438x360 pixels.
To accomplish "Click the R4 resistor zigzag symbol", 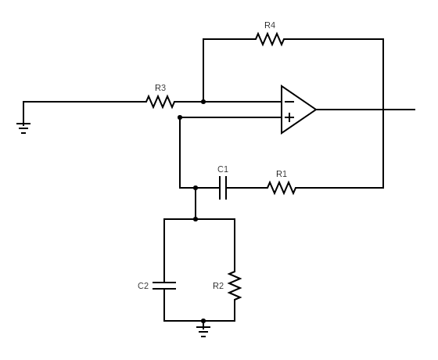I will [x=270, y=39].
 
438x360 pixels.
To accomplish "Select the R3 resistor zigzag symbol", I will [x=160, y=102].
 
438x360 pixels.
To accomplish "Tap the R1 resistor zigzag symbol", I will [x=282, y=188].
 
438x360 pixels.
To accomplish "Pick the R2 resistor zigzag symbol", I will [x=235, y=286].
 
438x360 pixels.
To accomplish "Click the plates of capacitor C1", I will [x=223, y=188].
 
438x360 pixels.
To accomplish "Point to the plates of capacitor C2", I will [x=164, y=286].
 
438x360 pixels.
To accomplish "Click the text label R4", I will [x=270, y=25].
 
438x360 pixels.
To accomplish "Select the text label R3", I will [x=160, y=88].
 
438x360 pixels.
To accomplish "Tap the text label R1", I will [x=282, y=174].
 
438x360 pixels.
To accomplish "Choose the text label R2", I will [x=218, y=286].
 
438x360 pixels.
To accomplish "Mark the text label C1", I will [x=223, y=169].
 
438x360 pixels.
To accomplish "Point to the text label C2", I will [x=143, y=286].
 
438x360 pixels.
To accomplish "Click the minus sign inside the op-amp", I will [x=289, y=102].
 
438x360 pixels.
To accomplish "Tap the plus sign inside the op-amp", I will [x=289, y=117].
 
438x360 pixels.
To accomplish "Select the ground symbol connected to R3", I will [x=23, y=127].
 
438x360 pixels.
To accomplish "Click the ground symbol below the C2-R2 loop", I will [x=203, y=331].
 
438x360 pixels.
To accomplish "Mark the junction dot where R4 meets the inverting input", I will [x=203, y=102].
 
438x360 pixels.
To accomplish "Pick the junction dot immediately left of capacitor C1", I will [x=196, y=188].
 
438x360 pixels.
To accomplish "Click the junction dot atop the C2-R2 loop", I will [x=196, y=219].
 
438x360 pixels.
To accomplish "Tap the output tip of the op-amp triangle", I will [x=316, y=110].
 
